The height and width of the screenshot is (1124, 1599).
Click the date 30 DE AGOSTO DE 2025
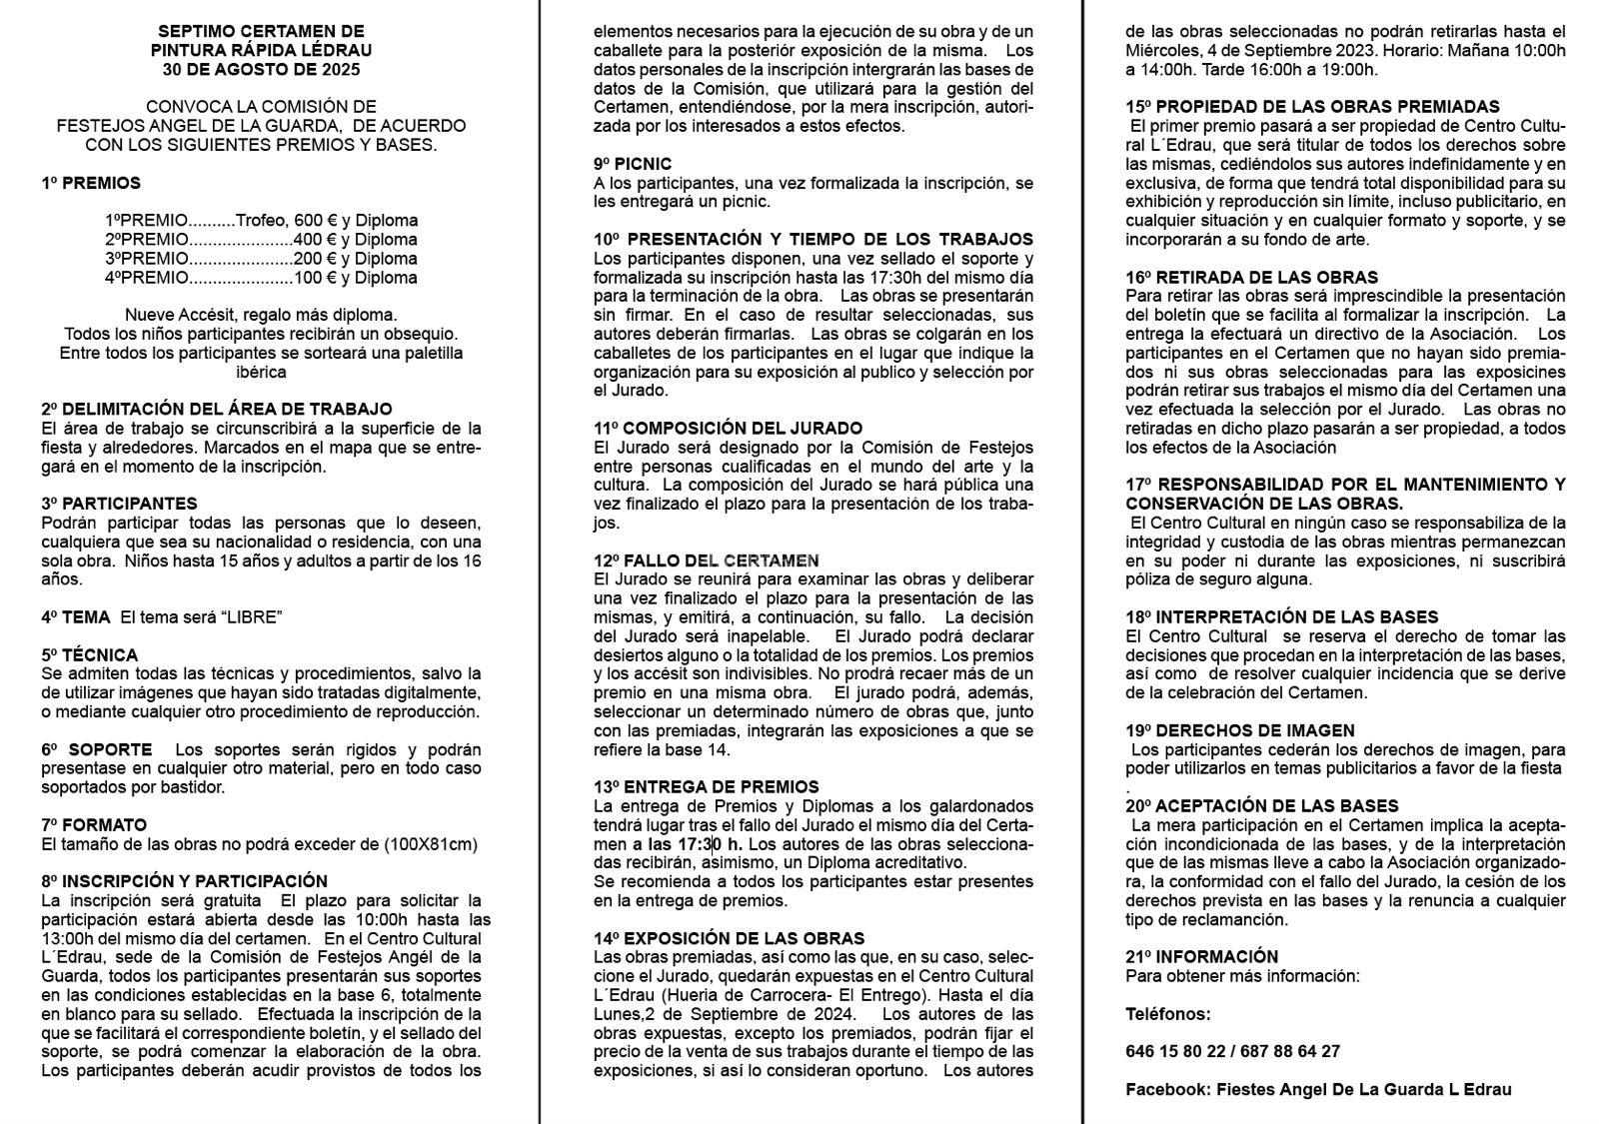pos(261,70)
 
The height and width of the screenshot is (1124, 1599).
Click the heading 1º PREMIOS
pos(91,183)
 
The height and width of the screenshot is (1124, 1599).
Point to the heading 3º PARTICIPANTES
pos(120,504)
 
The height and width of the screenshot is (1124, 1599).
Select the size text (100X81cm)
pos(431,844)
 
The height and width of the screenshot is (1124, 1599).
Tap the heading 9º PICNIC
pos(633,164)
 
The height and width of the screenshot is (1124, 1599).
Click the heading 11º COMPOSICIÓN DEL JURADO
pos(728,429)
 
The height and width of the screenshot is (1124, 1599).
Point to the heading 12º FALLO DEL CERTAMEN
pos(707,561)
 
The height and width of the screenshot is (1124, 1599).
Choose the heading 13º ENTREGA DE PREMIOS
pos(706,787)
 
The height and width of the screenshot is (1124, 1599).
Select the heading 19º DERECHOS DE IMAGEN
pos(1240,731)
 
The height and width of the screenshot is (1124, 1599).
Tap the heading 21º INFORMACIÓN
pos(1201,957)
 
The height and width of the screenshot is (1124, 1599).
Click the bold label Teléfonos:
pos(1167,1014)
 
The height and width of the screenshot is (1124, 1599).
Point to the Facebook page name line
pos(1318,1089)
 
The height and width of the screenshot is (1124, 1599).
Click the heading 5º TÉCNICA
pos(90,655)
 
